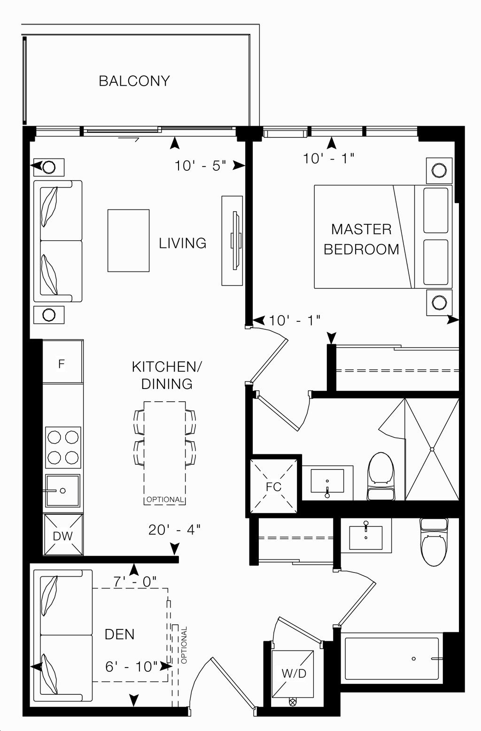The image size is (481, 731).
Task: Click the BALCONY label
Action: point(134,81)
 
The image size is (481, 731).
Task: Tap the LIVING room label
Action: point(182,243)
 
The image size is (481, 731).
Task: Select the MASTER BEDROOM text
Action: point(361,239)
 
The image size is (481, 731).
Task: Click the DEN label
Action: point(119,634)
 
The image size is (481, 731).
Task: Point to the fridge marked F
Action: point(62,364)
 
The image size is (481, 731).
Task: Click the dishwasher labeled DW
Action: point(62,535)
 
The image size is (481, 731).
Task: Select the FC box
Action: point(274,486)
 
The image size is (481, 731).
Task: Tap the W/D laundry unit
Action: point(294,673)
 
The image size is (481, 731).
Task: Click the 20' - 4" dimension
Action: point(174,530)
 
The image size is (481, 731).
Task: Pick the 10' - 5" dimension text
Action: point(201,166)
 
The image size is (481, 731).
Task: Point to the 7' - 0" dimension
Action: point(135,582)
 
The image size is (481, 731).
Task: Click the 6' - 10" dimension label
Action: point(132,666)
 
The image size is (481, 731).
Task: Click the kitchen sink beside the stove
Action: point(62,491)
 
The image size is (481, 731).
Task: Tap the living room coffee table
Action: point(128,240)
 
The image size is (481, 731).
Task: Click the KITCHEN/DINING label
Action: point(167,375)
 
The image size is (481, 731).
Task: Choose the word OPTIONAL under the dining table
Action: point(164,499)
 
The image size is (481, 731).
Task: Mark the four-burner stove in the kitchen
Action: point(62,446)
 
